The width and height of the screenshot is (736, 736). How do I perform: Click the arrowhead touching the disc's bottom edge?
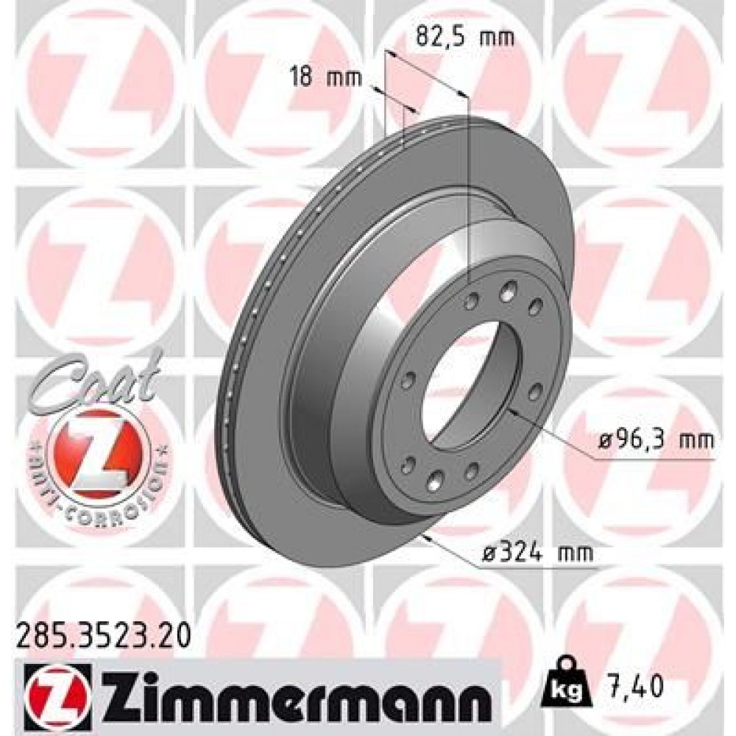[425, 537]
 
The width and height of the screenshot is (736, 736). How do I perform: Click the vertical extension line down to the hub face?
[469, 191]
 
